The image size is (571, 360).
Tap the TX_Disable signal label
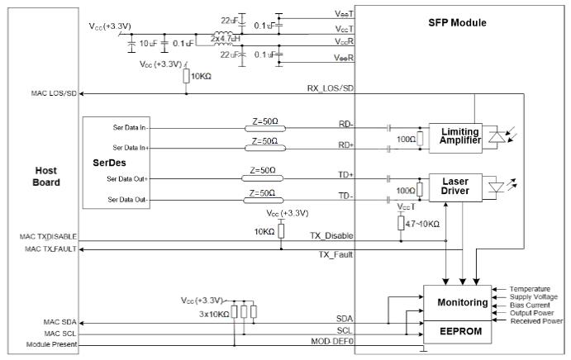(331, 235)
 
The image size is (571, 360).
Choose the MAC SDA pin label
(58, 321)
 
